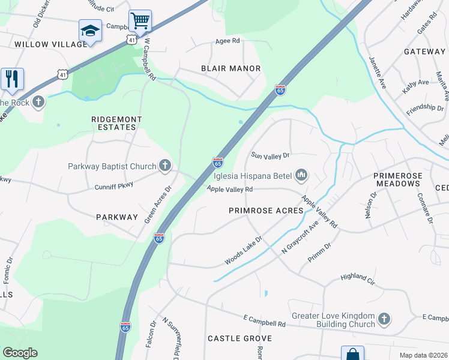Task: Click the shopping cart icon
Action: pos(140,21)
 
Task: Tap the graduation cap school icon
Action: pos(90,31)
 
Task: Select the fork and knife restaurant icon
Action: pos(11,79)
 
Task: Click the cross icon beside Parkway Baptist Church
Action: pos(165,166)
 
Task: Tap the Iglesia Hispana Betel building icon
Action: pos(301,175)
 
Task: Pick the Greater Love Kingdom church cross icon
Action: pos(385,319)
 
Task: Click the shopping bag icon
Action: pos(352,354)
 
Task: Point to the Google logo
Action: pos(20,353)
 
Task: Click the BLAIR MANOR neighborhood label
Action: pos(231,68)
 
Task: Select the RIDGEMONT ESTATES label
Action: pos(116,124)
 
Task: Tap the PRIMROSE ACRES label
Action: pos(266,211)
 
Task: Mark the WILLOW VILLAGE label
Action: pos(43,44)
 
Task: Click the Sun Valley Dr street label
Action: pos(270,155)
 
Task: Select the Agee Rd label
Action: pos(228,41)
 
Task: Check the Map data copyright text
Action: pos(423,355)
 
